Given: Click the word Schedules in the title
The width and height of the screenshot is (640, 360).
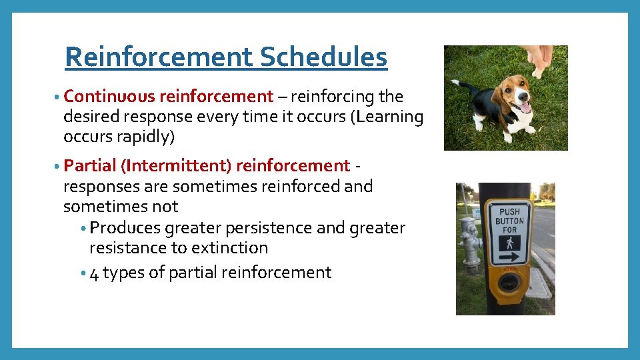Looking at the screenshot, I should [x=323, y=57].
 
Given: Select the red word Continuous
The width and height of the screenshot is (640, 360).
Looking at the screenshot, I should [x=110, y=96].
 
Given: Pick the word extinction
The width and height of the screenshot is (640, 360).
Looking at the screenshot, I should [x=229, y=248].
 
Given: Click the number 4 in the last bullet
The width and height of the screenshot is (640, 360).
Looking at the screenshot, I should [x=94, y=273].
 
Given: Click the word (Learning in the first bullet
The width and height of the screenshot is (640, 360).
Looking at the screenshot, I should [x=390, y=117].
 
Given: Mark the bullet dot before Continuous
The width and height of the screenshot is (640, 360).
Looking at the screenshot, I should [x=59, y=97].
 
